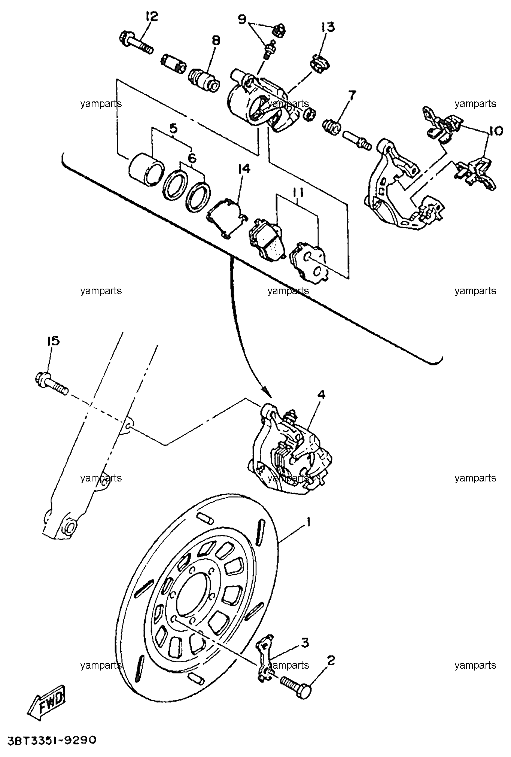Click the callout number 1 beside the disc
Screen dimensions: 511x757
click(x=309, y=522)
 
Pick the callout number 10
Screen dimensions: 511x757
click(x=495, y=131)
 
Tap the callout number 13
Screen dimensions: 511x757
click(x=328, y=27)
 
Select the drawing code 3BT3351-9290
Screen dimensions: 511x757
click(x=52, y=740)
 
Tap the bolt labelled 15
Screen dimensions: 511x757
click(x=52, y=383)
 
